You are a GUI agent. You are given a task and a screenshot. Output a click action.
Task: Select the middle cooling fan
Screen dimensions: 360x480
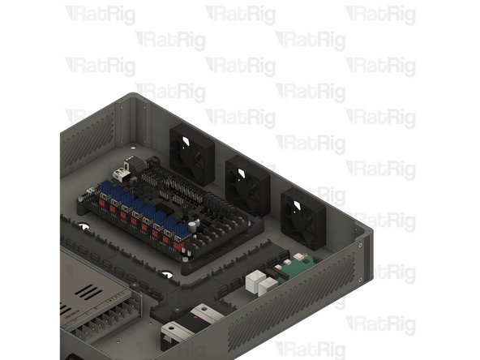246,182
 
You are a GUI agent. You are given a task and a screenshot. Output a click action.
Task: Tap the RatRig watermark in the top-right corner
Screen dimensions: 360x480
380,15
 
